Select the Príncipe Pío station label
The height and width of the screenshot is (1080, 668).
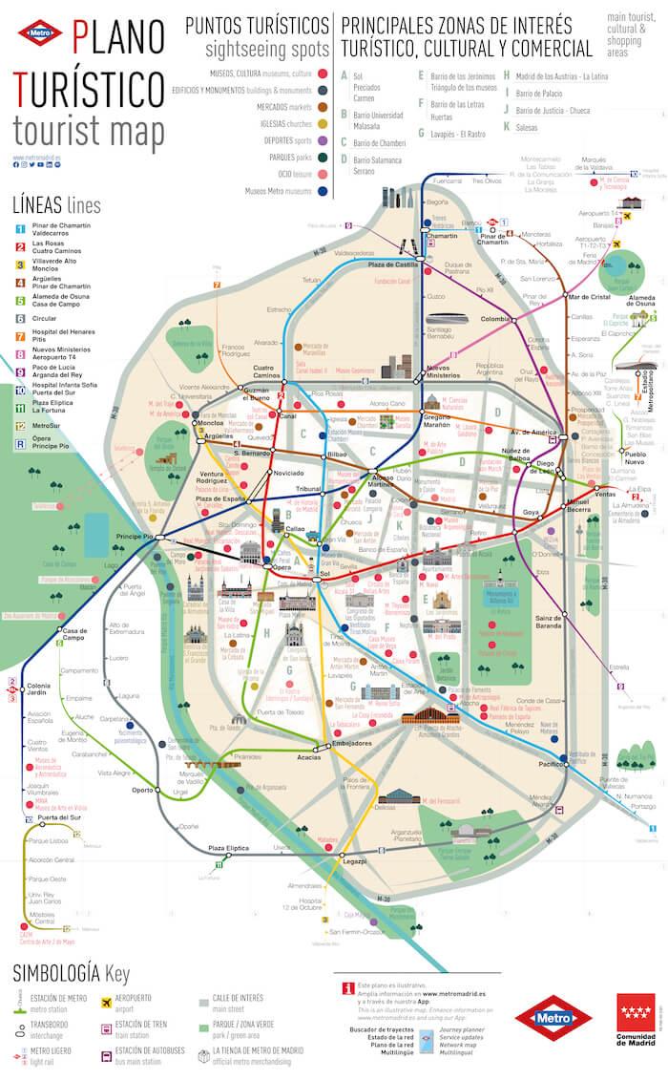(135, 538)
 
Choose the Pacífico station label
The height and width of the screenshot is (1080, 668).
(551, 765)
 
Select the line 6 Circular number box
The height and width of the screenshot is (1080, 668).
(20, 318)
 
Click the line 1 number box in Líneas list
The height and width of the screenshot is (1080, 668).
(20, 229)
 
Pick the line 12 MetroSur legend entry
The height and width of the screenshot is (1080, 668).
(48, 425)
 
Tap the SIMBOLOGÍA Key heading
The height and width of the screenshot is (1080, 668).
(71, 973)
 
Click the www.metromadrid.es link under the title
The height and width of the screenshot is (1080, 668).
(37, 157)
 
